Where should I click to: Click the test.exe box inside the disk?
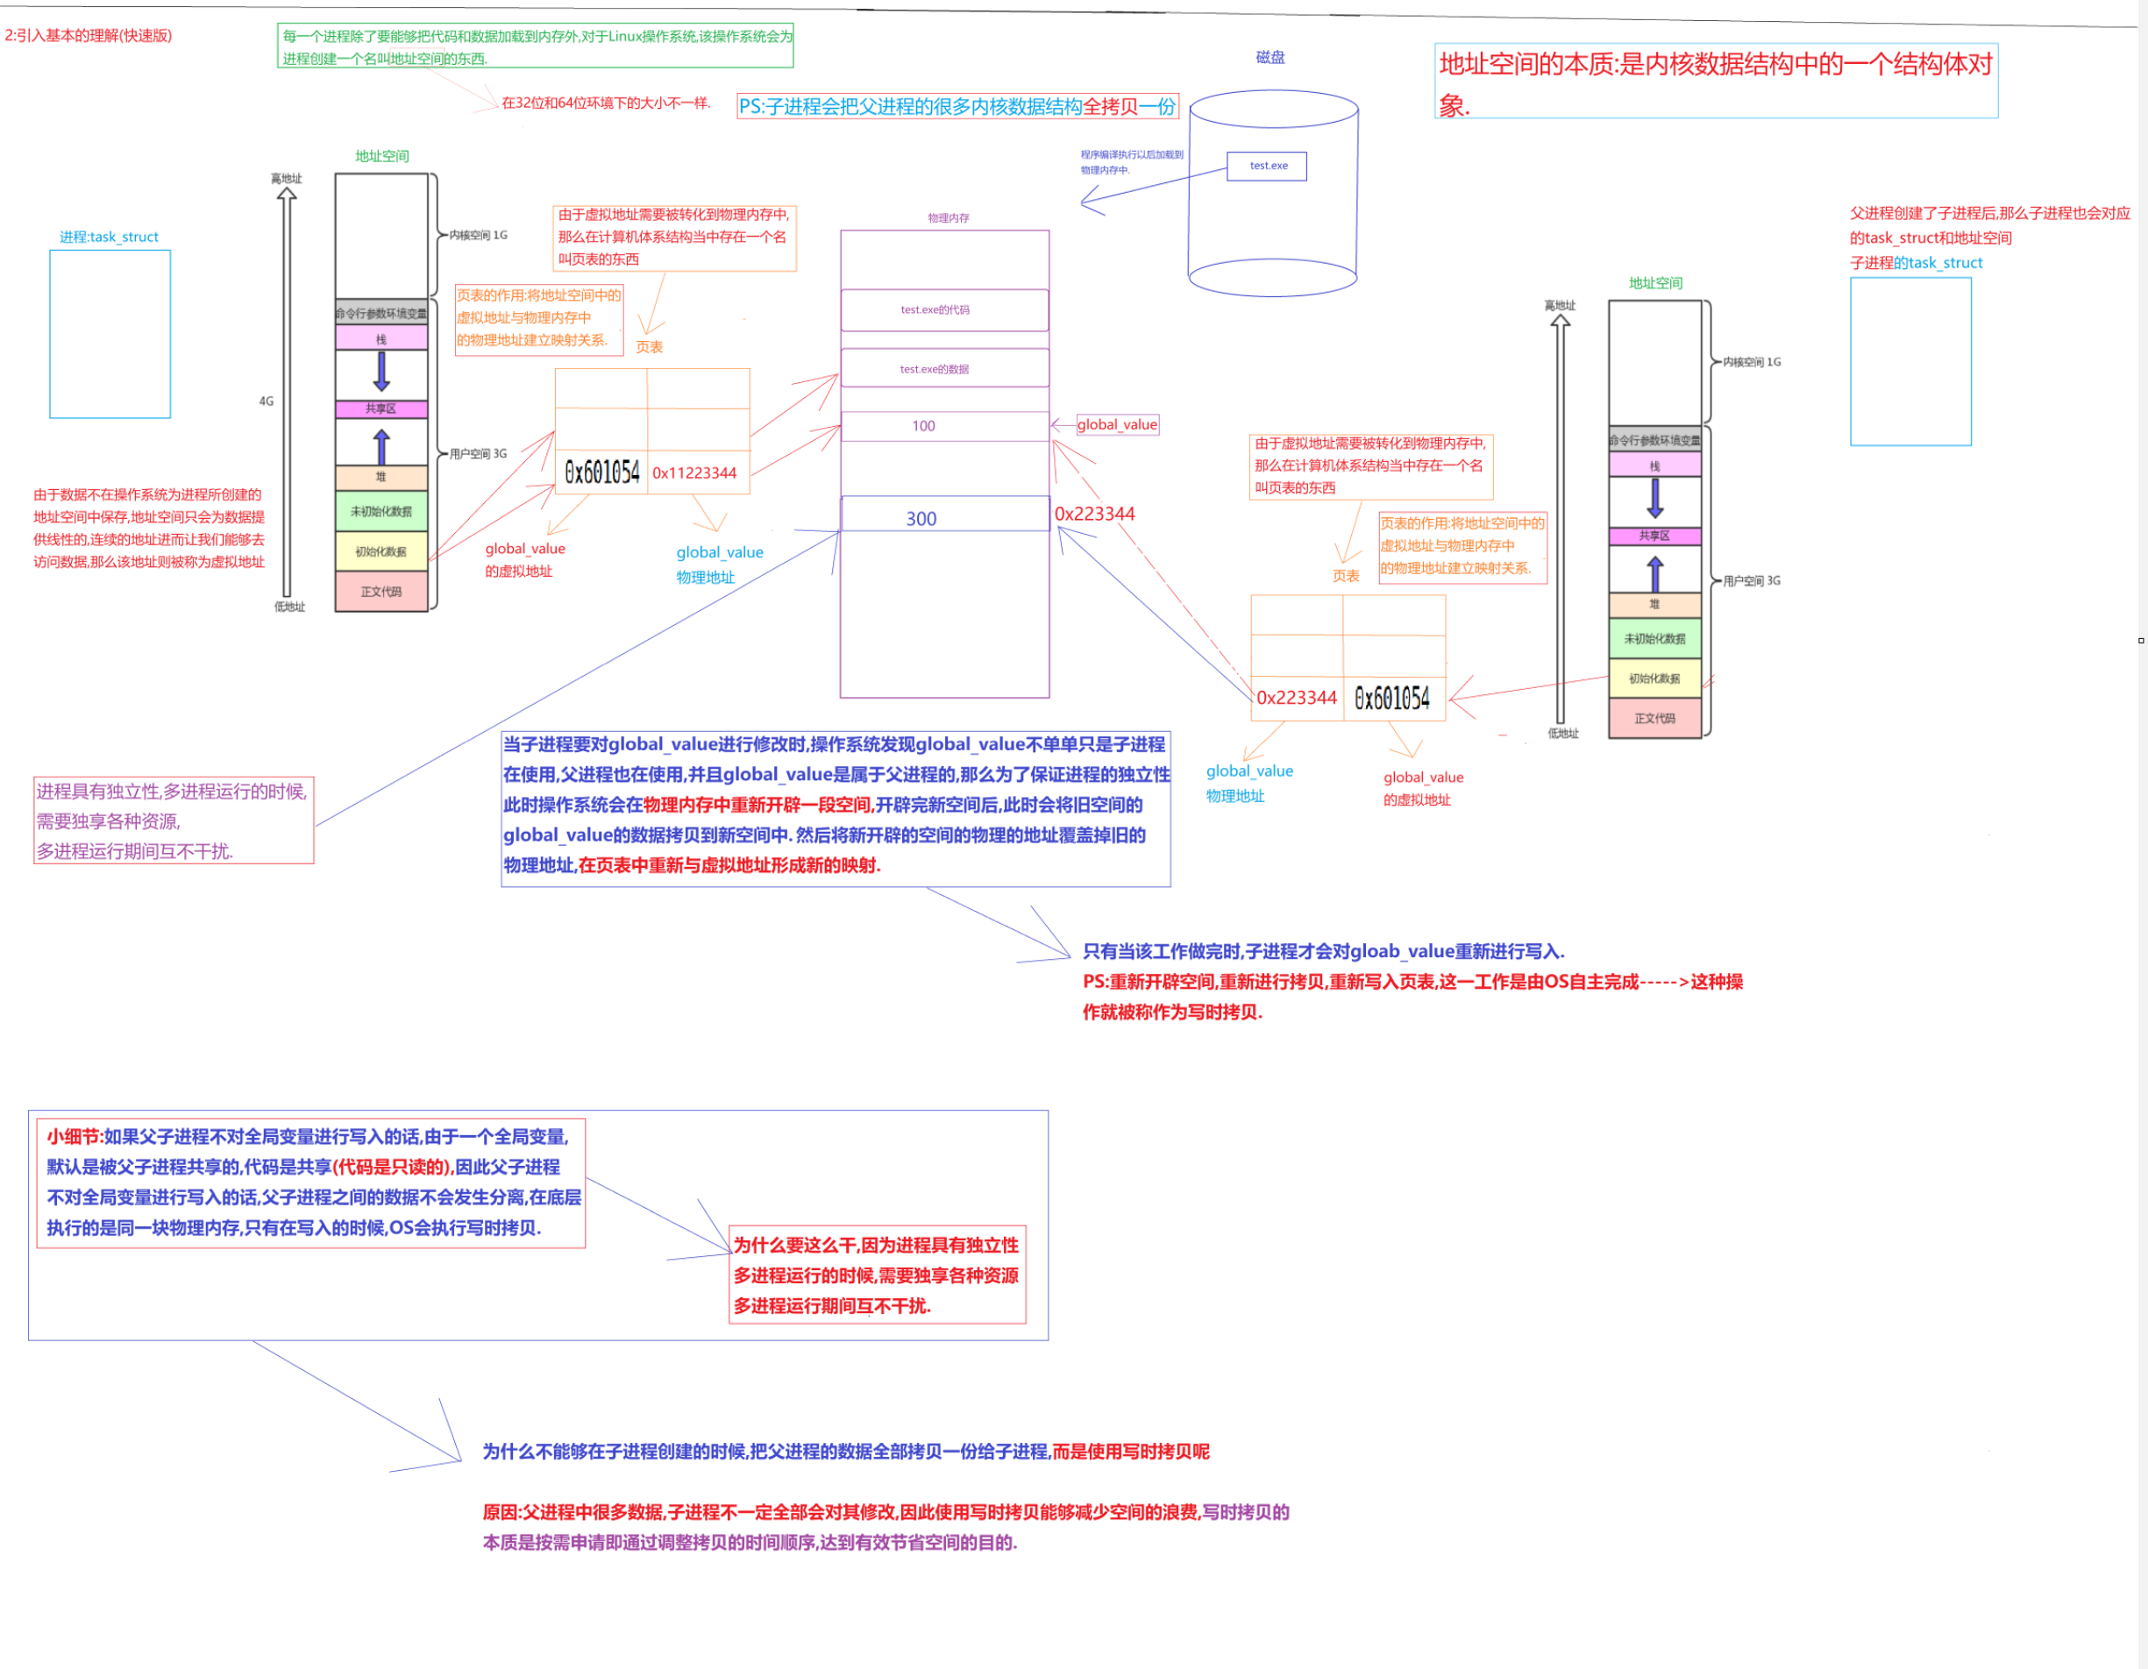[1267, 167]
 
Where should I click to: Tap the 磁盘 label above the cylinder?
[1270, 57]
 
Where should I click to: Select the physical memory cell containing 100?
[944, 426]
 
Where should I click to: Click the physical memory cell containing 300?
[944, 517]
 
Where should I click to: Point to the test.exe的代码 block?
[944, 309]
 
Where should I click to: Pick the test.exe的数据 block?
[944, 369]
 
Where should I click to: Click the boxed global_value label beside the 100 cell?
[1117, 425]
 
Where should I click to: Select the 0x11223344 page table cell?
[697, 473]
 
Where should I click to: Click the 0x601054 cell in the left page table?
[602, 473]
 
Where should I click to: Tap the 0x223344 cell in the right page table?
[1297, 699]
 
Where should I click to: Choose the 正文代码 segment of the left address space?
[381, 592]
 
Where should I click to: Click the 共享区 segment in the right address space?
[1654, 536]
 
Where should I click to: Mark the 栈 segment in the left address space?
[381, 339]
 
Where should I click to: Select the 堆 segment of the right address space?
[1654, 604]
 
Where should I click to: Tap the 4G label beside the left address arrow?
[267, 401]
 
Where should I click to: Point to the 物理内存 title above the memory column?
[948, 218]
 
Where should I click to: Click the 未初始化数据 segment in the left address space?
[381, 511]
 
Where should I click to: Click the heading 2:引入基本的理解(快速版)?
[89, 35]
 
